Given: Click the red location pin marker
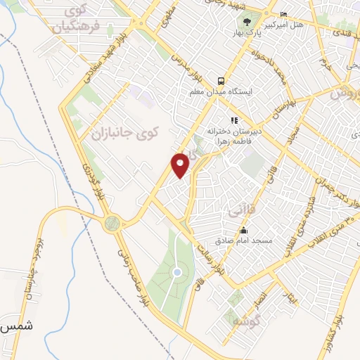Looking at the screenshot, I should click(x=181, y=165).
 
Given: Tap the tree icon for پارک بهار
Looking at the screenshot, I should click(x=245, y=18).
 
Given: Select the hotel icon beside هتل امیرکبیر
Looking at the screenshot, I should click(x=283, y=15).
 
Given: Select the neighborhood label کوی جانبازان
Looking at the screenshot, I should click(x=126, y=131).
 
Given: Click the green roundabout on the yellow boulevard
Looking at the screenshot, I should click(x=111, y=224).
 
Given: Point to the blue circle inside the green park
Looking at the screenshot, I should click(x=177, y=272).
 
